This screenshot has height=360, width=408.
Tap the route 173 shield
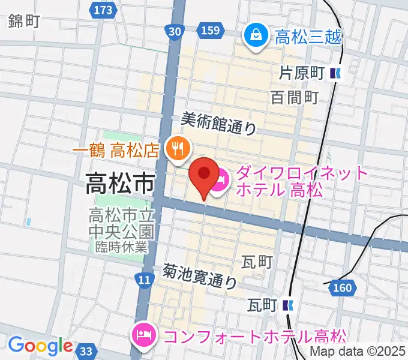[x=103, y=10]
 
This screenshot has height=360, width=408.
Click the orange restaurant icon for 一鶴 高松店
[x=178, y=146]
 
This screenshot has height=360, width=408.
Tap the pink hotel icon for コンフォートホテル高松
[x=144, y=332]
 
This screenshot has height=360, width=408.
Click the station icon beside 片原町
[x=335, y=74]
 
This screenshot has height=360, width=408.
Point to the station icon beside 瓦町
[x=289, y=305]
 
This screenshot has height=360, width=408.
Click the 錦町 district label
[x=24, y=22]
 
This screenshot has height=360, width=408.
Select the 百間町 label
[x=294, y=97]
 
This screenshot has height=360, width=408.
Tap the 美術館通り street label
[x=218, y=124]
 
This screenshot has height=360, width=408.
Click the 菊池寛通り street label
[x=199, y=276]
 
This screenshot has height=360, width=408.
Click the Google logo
[x=40, y=346]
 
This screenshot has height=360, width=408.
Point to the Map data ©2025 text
[x=358, y=352]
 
